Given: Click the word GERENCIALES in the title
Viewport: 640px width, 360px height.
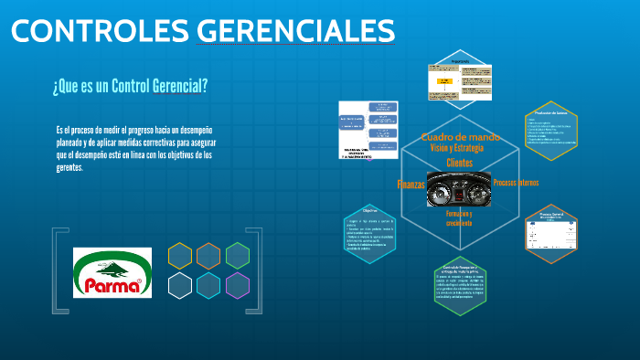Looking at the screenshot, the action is point(295,31).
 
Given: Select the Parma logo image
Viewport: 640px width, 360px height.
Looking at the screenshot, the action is point(111,272).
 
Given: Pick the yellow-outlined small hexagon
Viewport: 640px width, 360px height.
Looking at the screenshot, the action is point(180,256).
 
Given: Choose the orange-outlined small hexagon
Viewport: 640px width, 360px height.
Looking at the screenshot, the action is point(208,256).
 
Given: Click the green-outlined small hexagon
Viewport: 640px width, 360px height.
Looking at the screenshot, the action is point(238,256).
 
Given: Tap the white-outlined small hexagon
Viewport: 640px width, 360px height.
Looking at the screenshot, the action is point(180,285).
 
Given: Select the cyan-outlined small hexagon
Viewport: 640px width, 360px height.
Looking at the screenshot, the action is point(208,285).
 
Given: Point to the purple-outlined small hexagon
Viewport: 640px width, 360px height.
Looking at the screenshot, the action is point(238,285).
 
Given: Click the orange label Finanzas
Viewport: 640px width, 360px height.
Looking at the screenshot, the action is point(411,185).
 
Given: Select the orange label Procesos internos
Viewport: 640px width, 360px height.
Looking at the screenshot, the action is point(516,183).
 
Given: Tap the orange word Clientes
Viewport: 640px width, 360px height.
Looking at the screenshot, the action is point(459,163).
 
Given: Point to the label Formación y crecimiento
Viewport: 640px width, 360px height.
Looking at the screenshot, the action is point(459,217).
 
